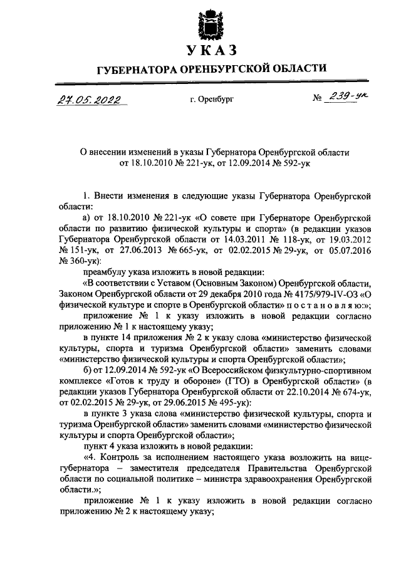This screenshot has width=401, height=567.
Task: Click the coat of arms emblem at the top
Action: point(207,24)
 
